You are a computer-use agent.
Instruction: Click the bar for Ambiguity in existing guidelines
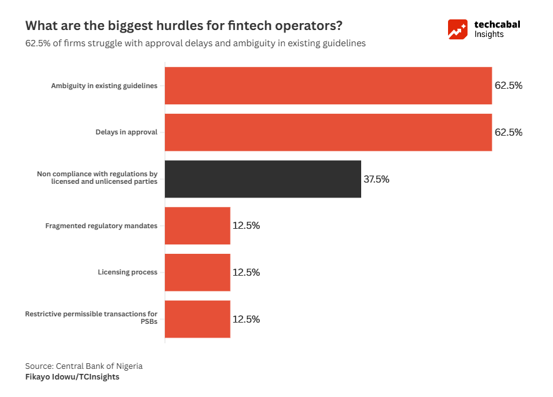(328, 86)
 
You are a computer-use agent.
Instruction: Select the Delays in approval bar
(328, 133)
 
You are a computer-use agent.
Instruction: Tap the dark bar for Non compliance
(262, 179)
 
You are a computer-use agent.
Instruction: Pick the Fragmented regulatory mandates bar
(197, 226)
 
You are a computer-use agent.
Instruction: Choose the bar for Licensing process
(197, 273)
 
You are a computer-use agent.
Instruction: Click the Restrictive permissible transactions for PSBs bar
(197, 319)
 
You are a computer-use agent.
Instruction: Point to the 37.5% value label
(376, 179)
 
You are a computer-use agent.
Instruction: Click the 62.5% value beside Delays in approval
(508, 133)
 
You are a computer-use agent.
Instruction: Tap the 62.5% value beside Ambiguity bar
(508, 86)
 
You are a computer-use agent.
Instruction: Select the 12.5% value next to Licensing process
(246, 273)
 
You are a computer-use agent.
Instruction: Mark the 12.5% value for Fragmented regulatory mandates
(246, 226)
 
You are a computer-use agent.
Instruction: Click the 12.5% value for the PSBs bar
(246, 319)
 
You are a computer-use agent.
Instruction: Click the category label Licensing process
(127, 273)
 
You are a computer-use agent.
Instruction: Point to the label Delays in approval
(126, 133)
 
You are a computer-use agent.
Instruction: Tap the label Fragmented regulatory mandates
(101, 226)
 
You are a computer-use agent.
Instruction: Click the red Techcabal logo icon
(457, 29)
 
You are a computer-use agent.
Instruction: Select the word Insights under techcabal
(489, 34)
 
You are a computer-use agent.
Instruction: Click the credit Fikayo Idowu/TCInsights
(72, 377)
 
